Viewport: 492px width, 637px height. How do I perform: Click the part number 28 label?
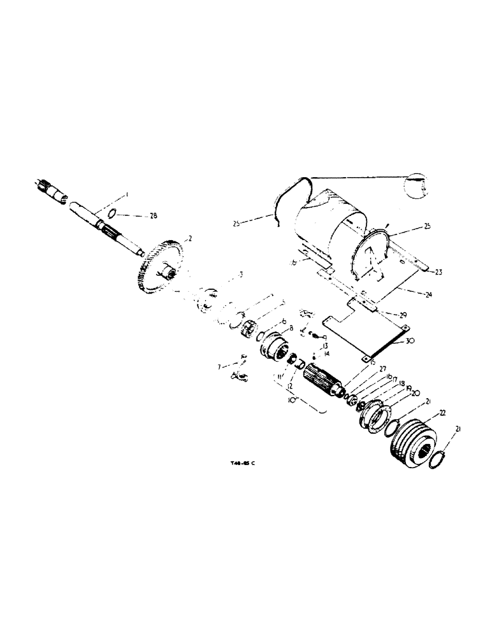coord(152,216)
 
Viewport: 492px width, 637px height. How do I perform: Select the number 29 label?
coord(402,314)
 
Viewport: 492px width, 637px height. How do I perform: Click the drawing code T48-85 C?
coord(242,464)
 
